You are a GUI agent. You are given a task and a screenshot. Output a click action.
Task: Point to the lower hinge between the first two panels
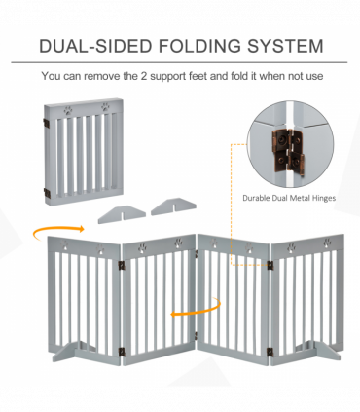tap(121, 352)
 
